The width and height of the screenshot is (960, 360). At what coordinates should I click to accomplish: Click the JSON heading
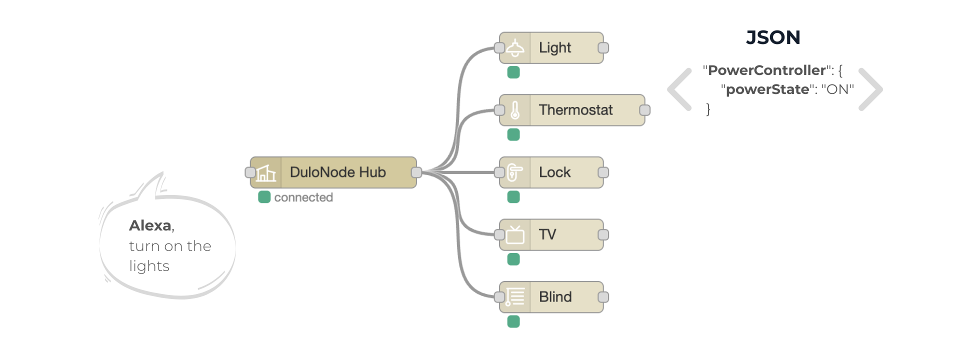773,37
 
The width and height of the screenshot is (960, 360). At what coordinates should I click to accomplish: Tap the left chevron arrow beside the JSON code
680,89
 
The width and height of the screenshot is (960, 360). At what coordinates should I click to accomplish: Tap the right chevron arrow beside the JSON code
870,89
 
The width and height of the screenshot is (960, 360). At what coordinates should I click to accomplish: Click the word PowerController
766,70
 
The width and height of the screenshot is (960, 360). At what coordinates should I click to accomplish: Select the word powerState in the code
767,89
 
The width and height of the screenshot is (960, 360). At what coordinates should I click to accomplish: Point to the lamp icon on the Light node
515,48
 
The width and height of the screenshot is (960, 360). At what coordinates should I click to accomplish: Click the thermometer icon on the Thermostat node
515,110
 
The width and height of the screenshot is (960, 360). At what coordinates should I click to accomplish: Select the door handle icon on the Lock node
515,172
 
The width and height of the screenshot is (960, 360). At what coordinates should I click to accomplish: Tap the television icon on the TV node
515,234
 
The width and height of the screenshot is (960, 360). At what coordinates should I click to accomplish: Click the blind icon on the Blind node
515,297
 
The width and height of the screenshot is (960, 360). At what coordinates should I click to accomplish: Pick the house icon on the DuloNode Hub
266,173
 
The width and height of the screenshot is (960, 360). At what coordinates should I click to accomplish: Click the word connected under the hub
303,197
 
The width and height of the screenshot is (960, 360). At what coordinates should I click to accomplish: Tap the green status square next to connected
264,197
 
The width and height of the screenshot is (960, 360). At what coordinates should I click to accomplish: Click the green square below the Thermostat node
513,134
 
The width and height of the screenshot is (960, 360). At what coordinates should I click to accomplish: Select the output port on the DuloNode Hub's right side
416,172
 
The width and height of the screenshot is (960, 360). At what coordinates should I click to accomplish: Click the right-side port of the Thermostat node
645,110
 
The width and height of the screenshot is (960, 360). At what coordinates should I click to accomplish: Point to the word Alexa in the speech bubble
150,225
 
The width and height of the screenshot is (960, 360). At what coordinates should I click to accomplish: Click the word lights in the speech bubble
149,266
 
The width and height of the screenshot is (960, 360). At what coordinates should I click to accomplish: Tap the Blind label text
555,297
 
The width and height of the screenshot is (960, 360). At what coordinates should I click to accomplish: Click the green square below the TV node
513,259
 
